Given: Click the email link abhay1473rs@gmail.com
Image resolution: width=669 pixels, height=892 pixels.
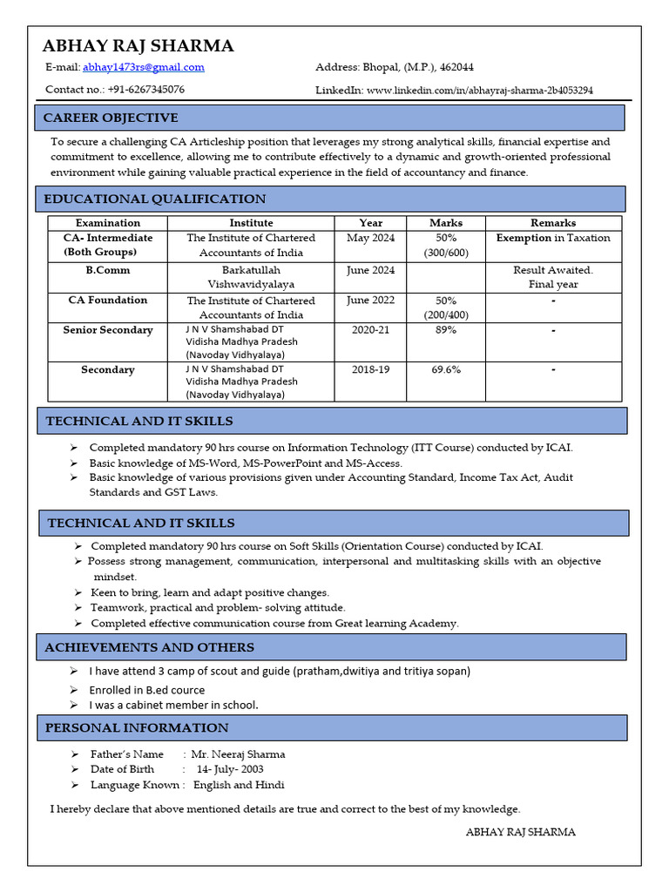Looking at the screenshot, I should coord(144,67).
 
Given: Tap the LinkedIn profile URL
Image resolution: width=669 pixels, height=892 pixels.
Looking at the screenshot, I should coord(480,90).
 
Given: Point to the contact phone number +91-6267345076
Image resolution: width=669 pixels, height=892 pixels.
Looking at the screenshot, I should coord(145,90).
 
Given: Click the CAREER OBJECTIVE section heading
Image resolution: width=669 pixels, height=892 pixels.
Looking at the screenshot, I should coord(111,118).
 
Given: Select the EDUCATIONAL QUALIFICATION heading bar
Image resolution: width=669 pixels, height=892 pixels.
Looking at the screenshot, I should coord(154,199).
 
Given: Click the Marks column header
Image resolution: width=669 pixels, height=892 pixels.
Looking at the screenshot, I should coord(446,223).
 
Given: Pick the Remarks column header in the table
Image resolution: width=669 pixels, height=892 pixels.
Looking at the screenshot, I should coord(552,223).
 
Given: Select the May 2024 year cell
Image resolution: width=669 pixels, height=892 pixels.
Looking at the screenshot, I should coord(370,238).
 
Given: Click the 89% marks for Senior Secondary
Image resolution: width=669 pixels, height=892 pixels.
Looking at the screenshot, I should coord(446,330).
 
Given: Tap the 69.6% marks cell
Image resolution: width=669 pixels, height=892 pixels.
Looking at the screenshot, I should coord(446,369).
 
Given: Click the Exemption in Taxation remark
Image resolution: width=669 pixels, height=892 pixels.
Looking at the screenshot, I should coord(552,238).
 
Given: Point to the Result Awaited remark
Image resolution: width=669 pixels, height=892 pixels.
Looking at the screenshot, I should coord(552,270).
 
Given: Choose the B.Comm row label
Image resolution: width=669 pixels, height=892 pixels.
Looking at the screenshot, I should coord(108,270).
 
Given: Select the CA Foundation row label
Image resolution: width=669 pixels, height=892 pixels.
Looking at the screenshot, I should coord(108,300).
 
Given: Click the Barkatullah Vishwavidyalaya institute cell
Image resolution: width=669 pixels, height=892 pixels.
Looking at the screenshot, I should coord(251,277).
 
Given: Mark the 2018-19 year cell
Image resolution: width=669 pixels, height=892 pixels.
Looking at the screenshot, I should coord(370,369).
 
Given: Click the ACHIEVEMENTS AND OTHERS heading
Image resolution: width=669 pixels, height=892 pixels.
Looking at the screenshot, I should coord(149,647).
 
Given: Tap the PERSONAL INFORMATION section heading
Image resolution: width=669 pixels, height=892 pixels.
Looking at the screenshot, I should coord(137,727).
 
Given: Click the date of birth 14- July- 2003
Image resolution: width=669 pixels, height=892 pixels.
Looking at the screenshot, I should coord(229,769).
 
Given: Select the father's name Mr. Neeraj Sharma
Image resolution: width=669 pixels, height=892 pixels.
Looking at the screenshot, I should coord(238,754).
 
